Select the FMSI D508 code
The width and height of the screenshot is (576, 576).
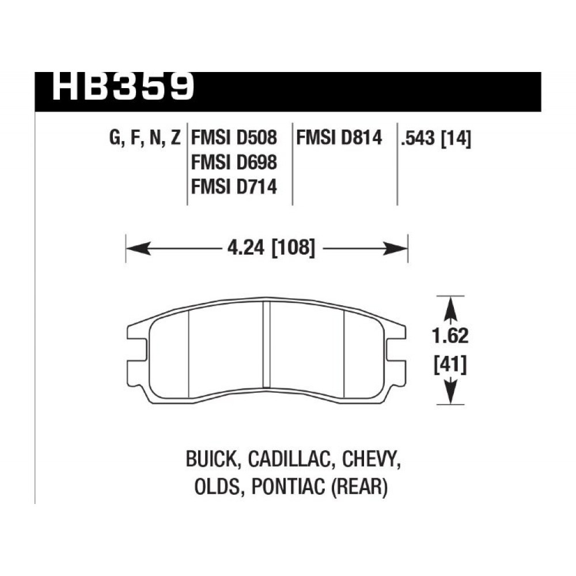tap(234, 138)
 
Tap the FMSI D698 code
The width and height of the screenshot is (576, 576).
tap(234, 162)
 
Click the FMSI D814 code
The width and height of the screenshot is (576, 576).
tap(339, 138)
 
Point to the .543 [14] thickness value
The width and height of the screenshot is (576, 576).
tap(436, 139)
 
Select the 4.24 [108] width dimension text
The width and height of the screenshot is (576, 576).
tap(271, 248)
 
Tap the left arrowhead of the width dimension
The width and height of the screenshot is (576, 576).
tap(138, 249)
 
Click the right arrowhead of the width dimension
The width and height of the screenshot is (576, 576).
tap(395, 249)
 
